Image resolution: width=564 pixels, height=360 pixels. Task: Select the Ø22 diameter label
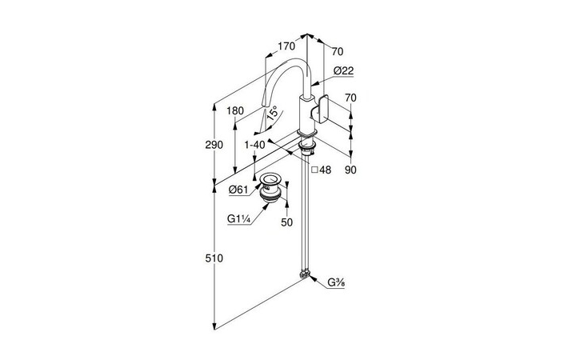coord(343,70)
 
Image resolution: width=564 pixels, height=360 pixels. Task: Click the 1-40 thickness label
coord(255,144)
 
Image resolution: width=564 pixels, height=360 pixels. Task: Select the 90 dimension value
coord(350,170)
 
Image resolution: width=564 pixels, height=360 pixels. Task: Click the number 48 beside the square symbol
coord(326,170)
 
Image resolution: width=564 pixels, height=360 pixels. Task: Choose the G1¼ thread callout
coord(239,218)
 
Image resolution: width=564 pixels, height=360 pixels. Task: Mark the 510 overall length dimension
coord(214,258)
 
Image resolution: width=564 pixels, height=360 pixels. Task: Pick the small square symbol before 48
coord(314,170)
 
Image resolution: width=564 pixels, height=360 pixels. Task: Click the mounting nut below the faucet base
coord(307,147)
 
